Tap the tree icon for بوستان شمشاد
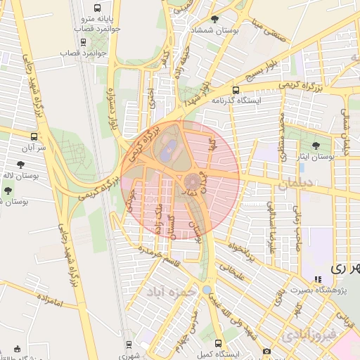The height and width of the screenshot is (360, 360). tap(214, 19)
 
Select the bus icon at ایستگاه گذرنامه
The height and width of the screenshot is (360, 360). tap(236, 90)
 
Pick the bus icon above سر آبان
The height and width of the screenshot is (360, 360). tap(34, 136)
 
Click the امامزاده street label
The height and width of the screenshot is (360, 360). tap(48, 304)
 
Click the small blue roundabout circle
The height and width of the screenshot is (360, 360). tap(206, 290)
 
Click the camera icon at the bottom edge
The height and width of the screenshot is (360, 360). tap(266, 352)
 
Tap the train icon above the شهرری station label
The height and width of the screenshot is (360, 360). tap(129, 344)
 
